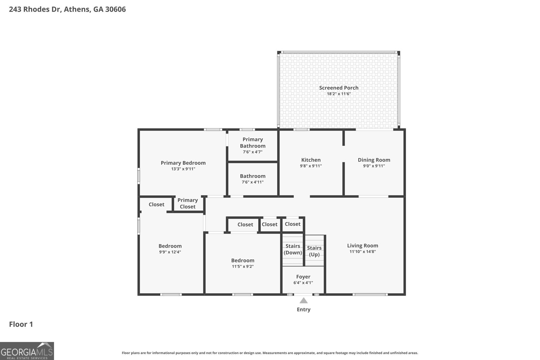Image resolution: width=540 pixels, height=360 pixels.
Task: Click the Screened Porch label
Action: (x=339, y=88)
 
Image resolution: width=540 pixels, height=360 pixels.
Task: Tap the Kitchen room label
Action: (x=311, y=160)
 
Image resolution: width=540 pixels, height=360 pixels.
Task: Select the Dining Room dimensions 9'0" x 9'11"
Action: (x=374, y=166)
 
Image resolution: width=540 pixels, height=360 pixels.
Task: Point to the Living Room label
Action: (x=362, y=246)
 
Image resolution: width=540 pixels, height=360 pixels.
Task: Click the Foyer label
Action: (x=303, y=277)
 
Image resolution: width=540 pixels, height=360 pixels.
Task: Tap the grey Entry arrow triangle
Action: (x=303, y=301)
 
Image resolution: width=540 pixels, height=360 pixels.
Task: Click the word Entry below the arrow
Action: (x=303, y=309)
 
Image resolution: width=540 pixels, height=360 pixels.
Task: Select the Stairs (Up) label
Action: (x=314, y=251)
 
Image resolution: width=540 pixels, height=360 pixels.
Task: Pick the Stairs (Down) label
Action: (x=293, y=249)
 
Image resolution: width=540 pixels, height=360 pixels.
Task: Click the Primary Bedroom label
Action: (x=183, y=163)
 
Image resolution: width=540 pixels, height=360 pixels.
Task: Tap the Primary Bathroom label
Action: (x=252, y=143)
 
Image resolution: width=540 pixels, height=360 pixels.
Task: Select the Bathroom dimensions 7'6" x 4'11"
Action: (x=252, y=182)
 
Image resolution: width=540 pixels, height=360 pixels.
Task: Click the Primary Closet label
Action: (x=188, y=203)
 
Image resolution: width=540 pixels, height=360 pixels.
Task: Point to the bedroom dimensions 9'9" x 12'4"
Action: (x=170, y=252)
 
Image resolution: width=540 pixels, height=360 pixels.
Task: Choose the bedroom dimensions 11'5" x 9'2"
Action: (x=243, y=267)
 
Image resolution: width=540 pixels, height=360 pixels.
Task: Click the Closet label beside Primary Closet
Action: (x=156, y=204)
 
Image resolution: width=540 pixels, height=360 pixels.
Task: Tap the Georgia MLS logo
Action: (x=27, y=351)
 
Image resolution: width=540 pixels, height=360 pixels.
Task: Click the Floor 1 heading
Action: (x=21, y=324)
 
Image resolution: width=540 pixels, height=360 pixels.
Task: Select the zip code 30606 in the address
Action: (x=115, y=9)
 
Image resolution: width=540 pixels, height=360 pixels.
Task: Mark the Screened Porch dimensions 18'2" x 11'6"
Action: (x=339, y=94)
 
